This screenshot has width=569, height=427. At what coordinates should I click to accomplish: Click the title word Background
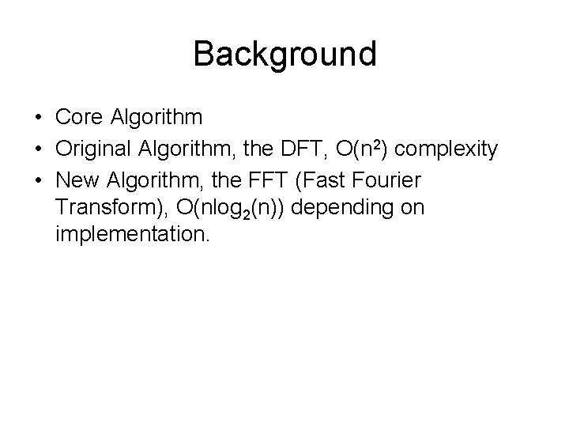pos(284,55)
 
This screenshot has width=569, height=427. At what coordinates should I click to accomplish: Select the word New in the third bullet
pos(75,179)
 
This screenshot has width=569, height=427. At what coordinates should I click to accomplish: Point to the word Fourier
pos(392,179)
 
